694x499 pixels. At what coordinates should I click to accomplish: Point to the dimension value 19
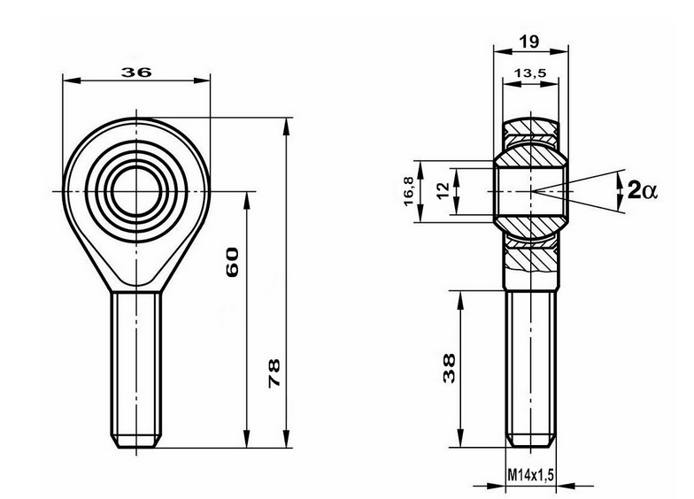click(x=529, y=41)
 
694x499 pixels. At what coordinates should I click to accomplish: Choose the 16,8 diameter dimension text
click(x=408, y=189)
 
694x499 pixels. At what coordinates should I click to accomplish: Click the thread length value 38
click(x=450, y=367)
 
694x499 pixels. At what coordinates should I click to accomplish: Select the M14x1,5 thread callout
click(x=530, y=476)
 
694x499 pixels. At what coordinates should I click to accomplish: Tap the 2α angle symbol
click(x=643, y=189)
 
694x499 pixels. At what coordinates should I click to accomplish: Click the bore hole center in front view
click(x=136, y=189)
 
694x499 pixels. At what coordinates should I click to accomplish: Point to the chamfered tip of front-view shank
click(x=136, y=441)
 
